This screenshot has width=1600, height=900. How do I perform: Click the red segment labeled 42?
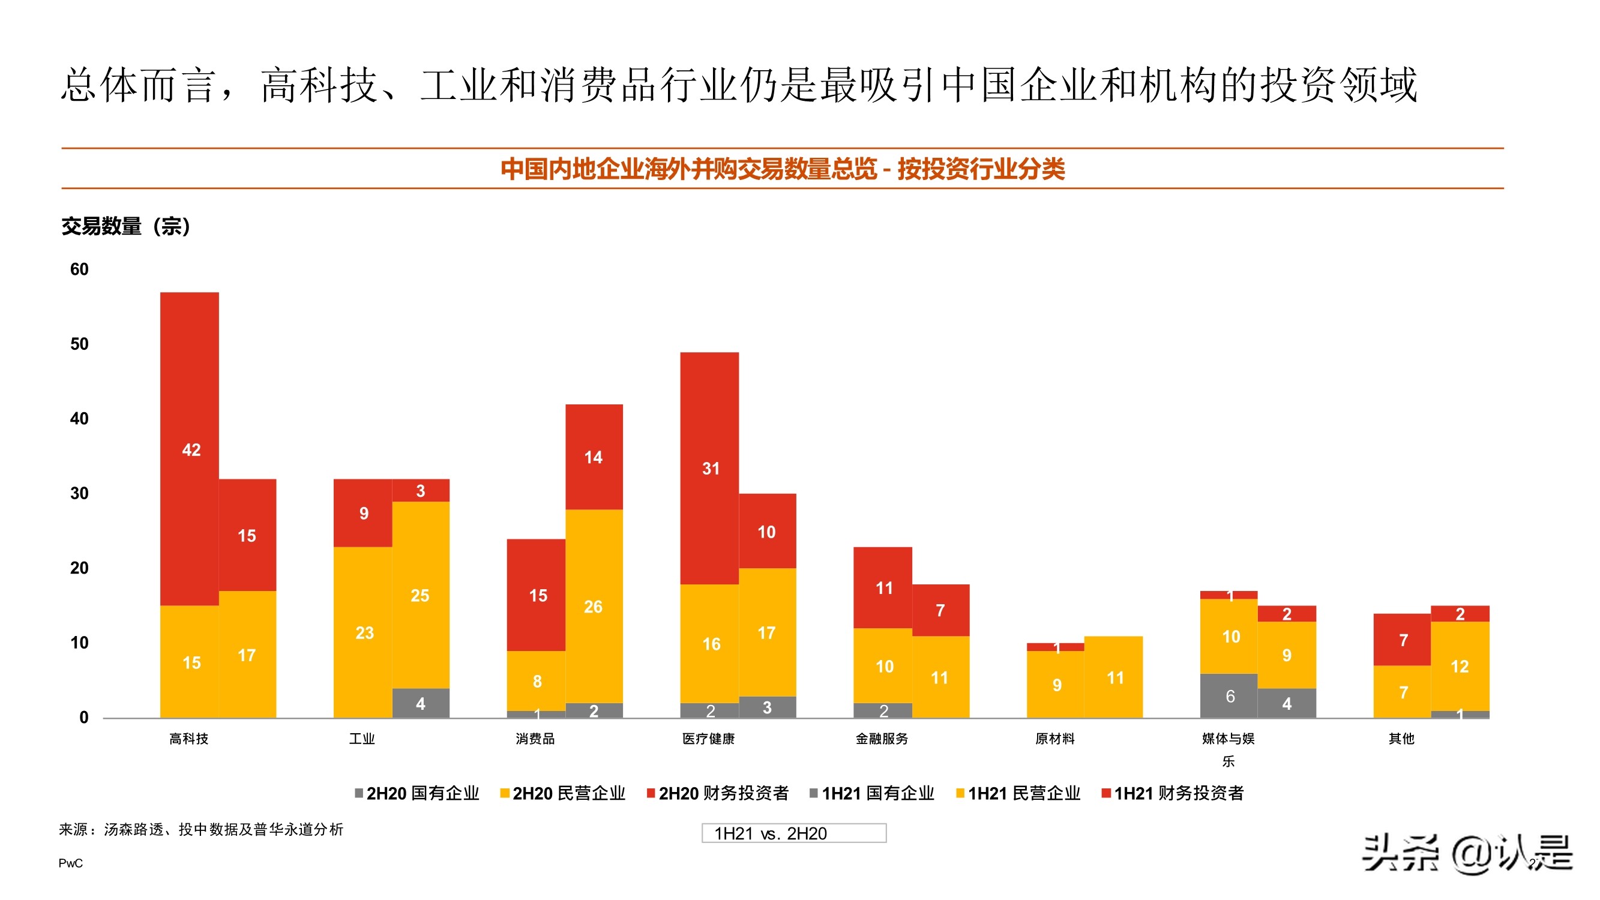(x=190, y=448)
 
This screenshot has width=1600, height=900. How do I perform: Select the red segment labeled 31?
(x=709, y=468)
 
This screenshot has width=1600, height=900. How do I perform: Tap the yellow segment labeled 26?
(x=594, y=605)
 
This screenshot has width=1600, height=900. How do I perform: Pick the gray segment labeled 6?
(x=1229, y=695)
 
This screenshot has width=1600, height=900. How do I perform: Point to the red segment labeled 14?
(x=594, y=457)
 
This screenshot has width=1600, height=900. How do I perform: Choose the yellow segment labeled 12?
(x=1460, y=666)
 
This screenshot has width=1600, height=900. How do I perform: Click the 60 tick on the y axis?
(x=79, y=269)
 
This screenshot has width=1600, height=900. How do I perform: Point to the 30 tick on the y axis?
(x=79, y=493)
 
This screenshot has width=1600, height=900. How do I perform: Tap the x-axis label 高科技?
(x=189, y=739)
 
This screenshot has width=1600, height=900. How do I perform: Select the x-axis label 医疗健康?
(x=709, y=739)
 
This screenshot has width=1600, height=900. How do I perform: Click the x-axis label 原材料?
(x=1054, y=739)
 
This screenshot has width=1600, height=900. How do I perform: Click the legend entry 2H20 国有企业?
(x=417, y=793)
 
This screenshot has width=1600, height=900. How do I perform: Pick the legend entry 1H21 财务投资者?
(x=1173, y=793)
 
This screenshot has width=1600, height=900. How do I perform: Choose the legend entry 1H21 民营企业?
(x=1018, y=793)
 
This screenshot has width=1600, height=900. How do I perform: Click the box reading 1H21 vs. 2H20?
(x=794, y=833)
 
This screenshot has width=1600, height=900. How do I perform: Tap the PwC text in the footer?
(x=70, y=863)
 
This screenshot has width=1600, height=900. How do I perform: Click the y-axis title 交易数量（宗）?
(x=126, y=226)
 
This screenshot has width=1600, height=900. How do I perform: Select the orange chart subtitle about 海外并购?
(x=783, y=169)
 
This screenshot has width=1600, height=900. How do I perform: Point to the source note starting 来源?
(x=201, y=829)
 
